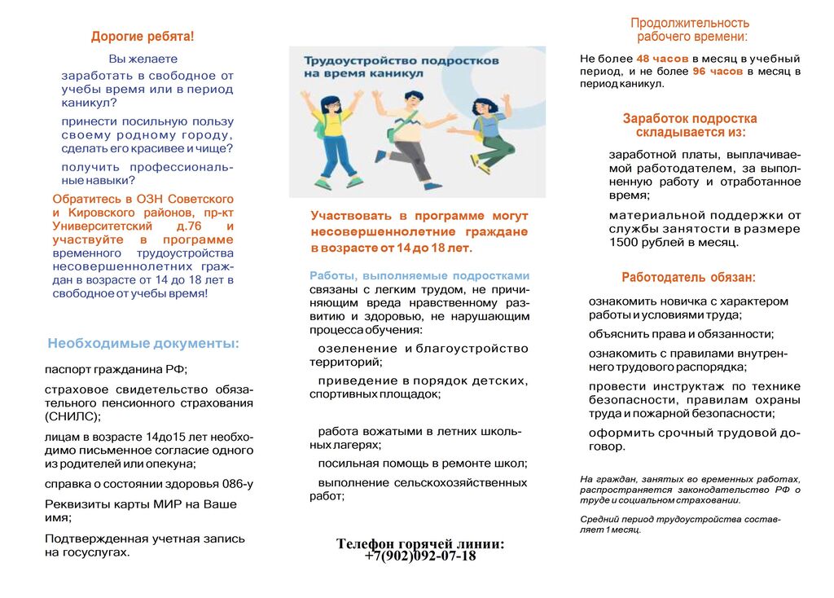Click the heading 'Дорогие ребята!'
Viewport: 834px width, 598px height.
tap(143, 37)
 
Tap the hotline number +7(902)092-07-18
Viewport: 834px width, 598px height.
tap(420, 556)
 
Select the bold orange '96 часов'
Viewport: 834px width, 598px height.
tap(718, 72)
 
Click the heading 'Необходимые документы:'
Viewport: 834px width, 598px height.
tap(143, 344)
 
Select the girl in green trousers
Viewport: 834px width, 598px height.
tap(489, 134)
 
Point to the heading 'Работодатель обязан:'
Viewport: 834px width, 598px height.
tap(688, 277)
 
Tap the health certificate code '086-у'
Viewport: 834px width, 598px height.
tap(237, 484)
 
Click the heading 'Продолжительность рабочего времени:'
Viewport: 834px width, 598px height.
tap(690, 30)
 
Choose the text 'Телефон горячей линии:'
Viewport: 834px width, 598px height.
tap(420, 544)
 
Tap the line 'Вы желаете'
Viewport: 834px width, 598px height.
tap(143, 59)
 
